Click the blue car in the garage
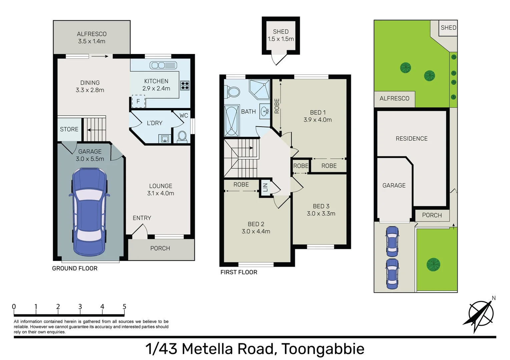(89, 212)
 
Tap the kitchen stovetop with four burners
(185, 86)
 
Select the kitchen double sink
(163, 65)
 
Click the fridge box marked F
(138, 101)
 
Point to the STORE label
(69, 129)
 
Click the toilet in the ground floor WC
(182, 136)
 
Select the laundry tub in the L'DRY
(165, 139)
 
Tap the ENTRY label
(142, 218)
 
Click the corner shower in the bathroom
(260, 89)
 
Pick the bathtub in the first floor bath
(231, 121)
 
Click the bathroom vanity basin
(265, 111)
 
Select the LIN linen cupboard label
(265, 188)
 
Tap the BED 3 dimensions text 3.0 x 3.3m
(321, 214)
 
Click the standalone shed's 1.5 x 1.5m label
(281, 39)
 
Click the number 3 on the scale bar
(80, 306)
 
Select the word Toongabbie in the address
(323, 349)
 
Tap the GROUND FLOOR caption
(75, 268)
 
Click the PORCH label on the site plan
(432, 215)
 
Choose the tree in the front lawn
(433, 264)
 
